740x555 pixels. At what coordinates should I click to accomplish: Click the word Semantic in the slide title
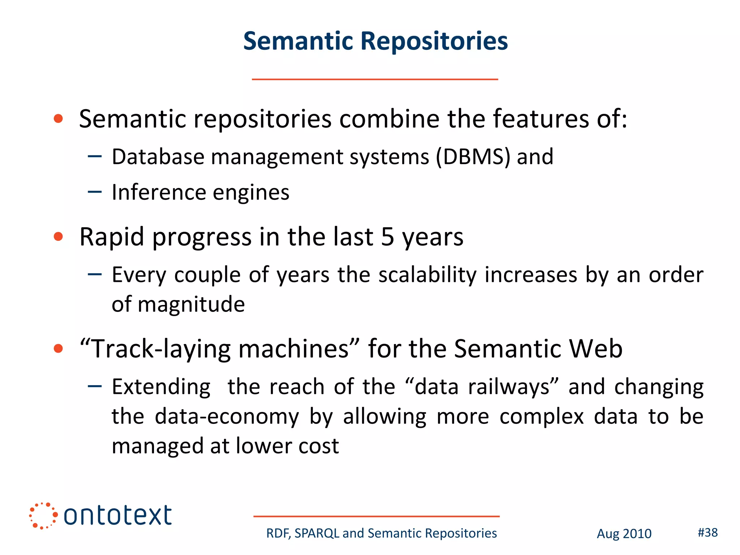pyautogui.click(x=298, y=41)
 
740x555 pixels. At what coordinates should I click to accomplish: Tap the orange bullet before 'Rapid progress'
pyautogui.click(x=58, y=237)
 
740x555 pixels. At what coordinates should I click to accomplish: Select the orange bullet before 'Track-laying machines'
pyautogui.click(x=58, y=348)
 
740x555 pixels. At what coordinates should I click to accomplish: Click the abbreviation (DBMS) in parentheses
pyautogui.click(x=473, y=157)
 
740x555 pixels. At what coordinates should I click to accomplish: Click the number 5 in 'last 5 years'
pyautogui.click(x=387, y=237)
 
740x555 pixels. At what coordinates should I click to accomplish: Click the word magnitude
pyautogui.click(x=191, y=305)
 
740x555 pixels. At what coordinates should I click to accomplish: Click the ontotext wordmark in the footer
pyautogui.click(x=117, y=516)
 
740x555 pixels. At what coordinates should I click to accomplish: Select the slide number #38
pyautogui.click(x=707, y=533)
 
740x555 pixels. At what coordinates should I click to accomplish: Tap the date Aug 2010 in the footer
pyautogui.click(x=624, y=534)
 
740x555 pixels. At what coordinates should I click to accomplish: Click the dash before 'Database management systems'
pyautogui.click(x=95, y=156)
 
